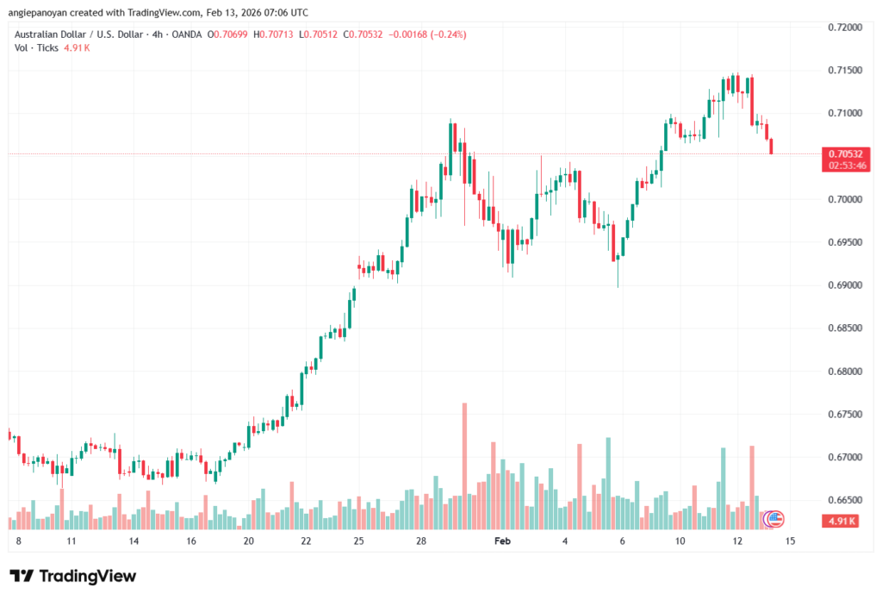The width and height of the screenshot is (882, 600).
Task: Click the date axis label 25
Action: pos(358,541)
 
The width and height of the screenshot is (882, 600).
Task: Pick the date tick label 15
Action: pos(790,541)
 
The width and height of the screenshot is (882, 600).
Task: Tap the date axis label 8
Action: pos(18,541)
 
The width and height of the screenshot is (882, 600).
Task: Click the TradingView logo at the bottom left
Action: pos(73,576)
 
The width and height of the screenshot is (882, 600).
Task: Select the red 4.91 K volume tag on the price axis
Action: pos(842,520)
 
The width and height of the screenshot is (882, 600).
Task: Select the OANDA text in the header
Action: pos(186,34)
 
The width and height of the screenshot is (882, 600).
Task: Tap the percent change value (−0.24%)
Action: pos(448,34)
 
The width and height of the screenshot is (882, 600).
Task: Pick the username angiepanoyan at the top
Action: pos(43,12)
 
